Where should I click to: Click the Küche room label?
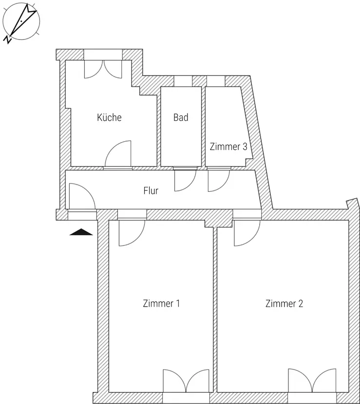click(x=109, y=117)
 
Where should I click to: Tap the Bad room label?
click(x=181, y=117)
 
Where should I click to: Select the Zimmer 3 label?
click(x=228, y=147)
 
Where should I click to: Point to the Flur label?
click(x=151, y=191)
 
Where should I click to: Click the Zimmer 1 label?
click(x=161, y=303)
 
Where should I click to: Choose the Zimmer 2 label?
click(x=284, y=304)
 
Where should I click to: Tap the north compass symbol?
click(x=21, y=21)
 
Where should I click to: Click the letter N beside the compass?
click(x=7, y=40)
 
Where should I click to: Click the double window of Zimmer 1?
click(x=186, y=381)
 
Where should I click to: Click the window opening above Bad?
click(x=183, y=81)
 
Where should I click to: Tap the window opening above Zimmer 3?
click(x=216, y=81)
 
